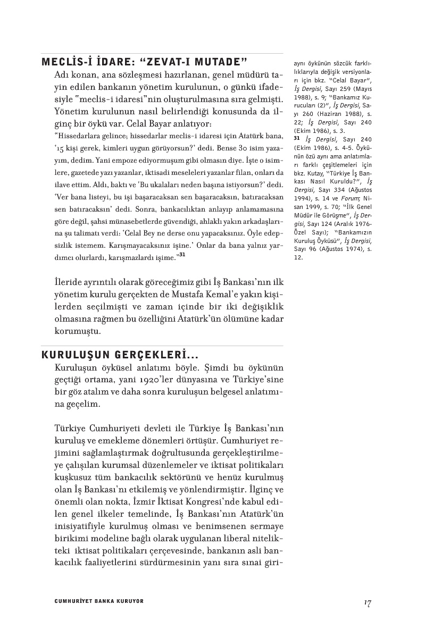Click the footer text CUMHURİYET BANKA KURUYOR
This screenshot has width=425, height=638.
click(x=99, y=601)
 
